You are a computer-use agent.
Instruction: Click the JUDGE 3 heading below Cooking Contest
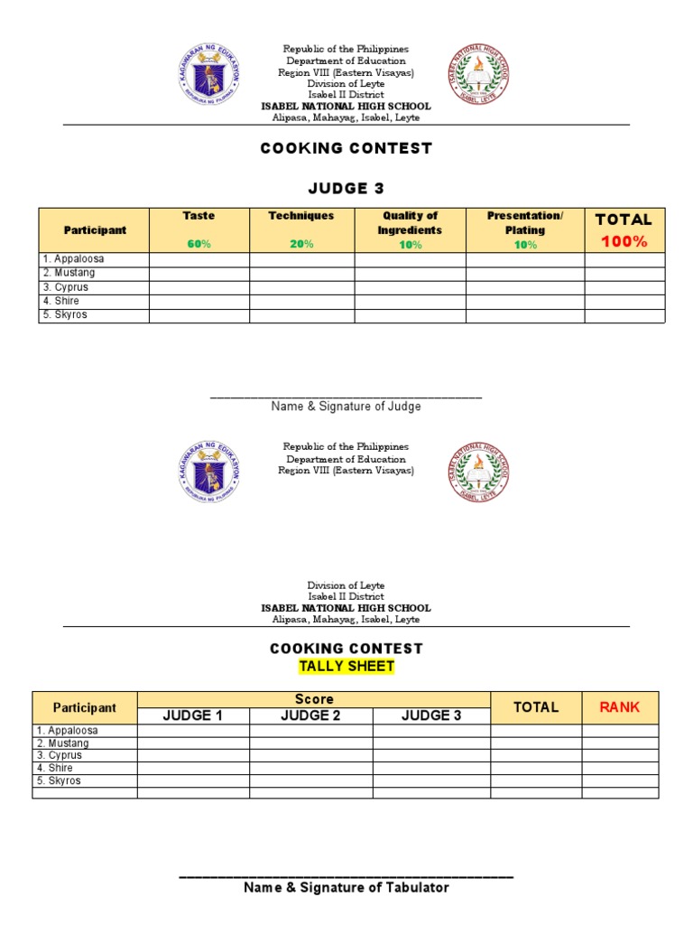pyautogui.click(x=346, y=188)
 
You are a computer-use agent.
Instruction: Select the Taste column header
pyautogui.click(x=199, y=216)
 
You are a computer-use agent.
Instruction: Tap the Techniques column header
pyautogui.click(x=301, y=216)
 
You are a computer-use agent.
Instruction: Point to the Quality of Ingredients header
pyautogui.click(x=410, y=222)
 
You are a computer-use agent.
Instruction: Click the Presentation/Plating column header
pyautogui.click(x=524, y=222)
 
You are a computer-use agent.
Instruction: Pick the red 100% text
pyautogui.click(x=624, y=241)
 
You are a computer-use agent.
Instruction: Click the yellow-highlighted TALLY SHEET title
pyautogui.click(x=346, y=667)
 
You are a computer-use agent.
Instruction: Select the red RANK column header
pyautogui.click(x=619, y=707)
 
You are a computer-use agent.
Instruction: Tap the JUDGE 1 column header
pyautogui.click(x=192, y=715)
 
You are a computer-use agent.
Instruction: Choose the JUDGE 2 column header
pyautogui.click(x=310, y=715)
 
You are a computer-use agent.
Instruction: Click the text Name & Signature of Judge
pyautogui.click(x=346, y=406)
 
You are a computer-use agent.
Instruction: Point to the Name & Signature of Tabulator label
pyautogui.click(x=346, y=888)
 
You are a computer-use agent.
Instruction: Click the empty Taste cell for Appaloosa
pyautogui.click(x=199, y=259)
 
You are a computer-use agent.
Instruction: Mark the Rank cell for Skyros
pyautogui.click(x=619, y=780)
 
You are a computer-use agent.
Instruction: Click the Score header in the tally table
pyautogui.click(x=314, y=699)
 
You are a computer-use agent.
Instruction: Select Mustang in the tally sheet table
pyautogui.click(x=65, y=743)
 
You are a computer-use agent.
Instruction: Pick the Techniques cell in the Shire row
pyautogui.click(x=301, y=301)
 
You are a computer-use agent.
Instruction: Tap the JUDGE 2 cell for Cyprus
pyautogui.click(x=310, y=755)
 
